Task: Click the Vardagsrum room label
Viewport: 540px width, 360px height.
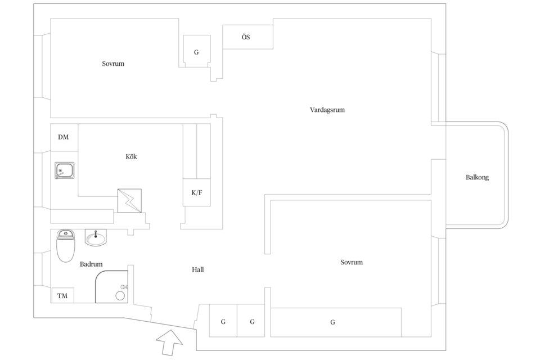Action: (x=327, y=110)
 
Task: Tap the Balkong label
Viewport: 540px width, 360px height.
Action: (x=477, y=177)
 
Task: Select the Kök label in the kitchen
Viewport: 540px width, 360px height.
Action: (x=131, y=156)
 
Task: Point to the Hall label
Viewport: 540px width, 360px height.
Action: (x=197, y=270)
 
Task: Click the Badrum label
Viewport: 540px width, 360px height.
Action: (x=91, y=264)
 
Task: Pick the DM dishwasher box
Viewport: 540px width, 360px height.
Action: (x=64, y=137)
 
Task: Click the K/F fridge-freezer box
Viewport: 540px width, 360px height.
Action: (x=197, y=192)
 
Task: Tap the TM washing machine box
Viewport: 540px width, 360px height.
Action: (x=62, y=295)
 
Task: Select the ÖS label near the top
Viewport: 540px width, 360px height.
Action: (x=246, y=37)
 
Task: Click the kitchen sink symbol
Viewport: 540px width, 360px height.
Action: (x=64, y=170)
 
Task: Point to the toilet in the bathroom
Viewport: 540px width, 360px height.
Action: (x=65, y=246)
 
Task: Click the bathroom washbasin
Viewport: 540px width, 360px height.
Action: (x=96, y=238)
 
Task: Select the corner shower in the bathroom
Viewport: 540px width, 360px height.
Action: (x=111, y=287)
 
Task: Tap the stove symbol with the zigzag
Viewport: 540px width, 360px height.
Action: (x=129, y=200)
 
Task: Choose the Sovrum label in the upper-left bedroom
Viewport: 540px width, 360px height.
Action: (x=113, y=64)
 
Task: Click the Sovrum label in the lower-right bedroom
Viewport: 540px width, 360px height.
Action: (x=352, y=262)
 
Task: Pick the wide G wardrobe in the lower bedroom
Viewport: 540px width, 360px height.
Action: (x=336, y=322)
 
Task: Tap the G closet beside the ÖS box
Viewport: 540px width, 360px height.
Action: (x=196, y=51)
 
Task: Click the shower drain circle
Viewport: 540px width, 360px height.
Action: (x=120, y=295)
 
